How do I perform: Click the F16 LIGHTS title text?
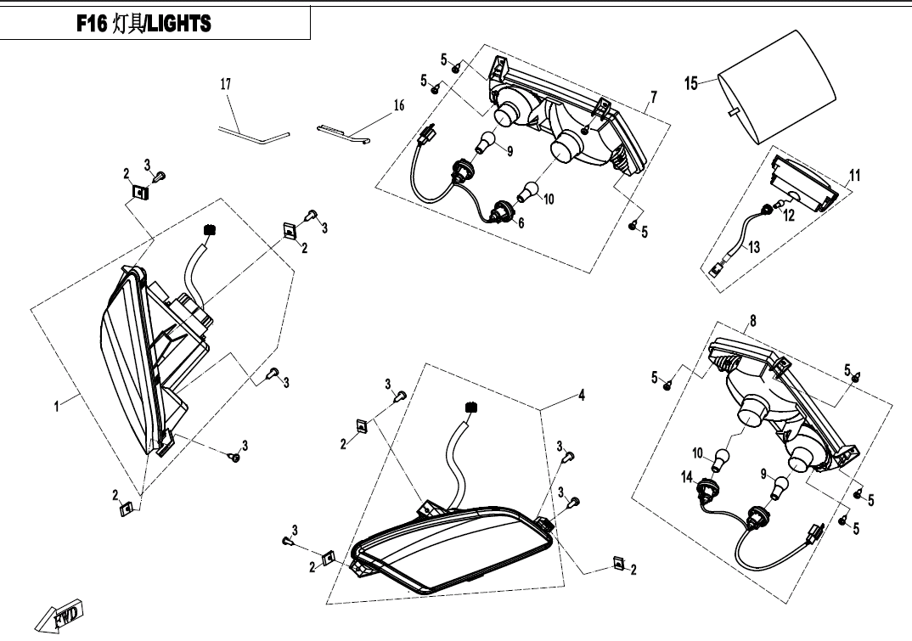(143, 25)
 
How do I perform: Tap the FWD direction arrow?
(60, 615)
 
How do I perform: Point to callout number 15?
(691, 82)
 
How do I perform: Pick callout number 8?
(752, 320)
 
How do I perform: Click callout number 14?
(687, 478)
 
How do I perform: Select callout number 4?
(582, 396)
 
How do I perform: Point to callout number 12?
(789, 216)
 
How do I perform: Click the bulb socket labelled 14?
(705, 489)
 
